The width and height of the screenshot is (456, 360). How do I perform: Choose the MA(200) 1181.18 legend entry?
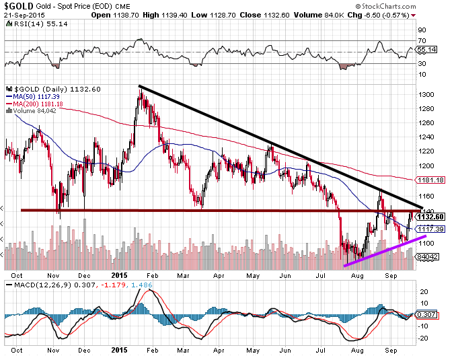(x=34, y=104)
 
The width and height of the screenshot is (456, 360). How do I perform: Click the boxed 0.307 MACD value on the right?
(x=428, y=316)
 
